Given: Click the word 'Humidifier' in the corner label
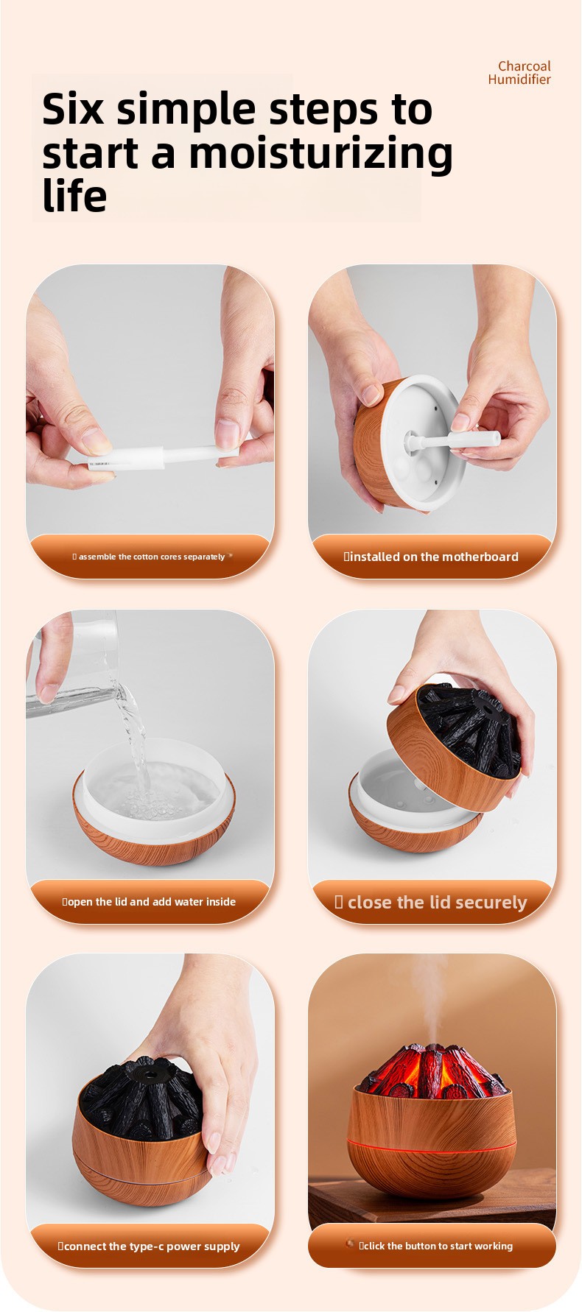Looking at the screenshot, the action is point(519,80).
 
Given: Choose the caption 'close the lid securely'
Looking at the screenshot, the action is point(437,902).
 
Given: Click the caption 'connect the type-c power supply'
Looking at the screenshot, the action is point(152,1246).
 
